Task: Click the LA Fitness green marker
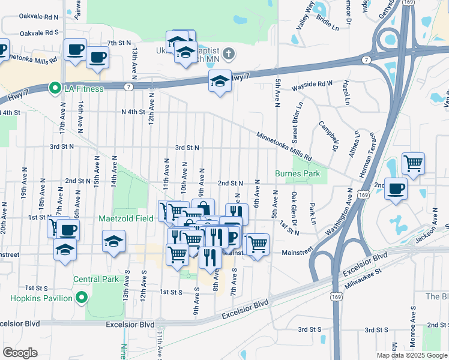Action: [55, 89]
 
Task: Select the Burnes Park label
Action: [298, 173]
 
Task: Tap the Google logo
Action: [20, 352]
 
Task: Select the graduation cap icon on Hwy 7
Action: [220, 81]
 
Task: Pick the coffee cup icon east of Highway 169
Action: [396, 188]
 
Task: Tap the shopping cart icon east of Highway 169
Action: [413, 163]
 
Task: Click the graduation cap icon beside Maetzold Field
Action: [113, 242]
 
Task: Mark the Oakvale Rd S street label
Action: [39, 32]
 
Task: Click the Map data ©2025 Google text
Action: [411, 355]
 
